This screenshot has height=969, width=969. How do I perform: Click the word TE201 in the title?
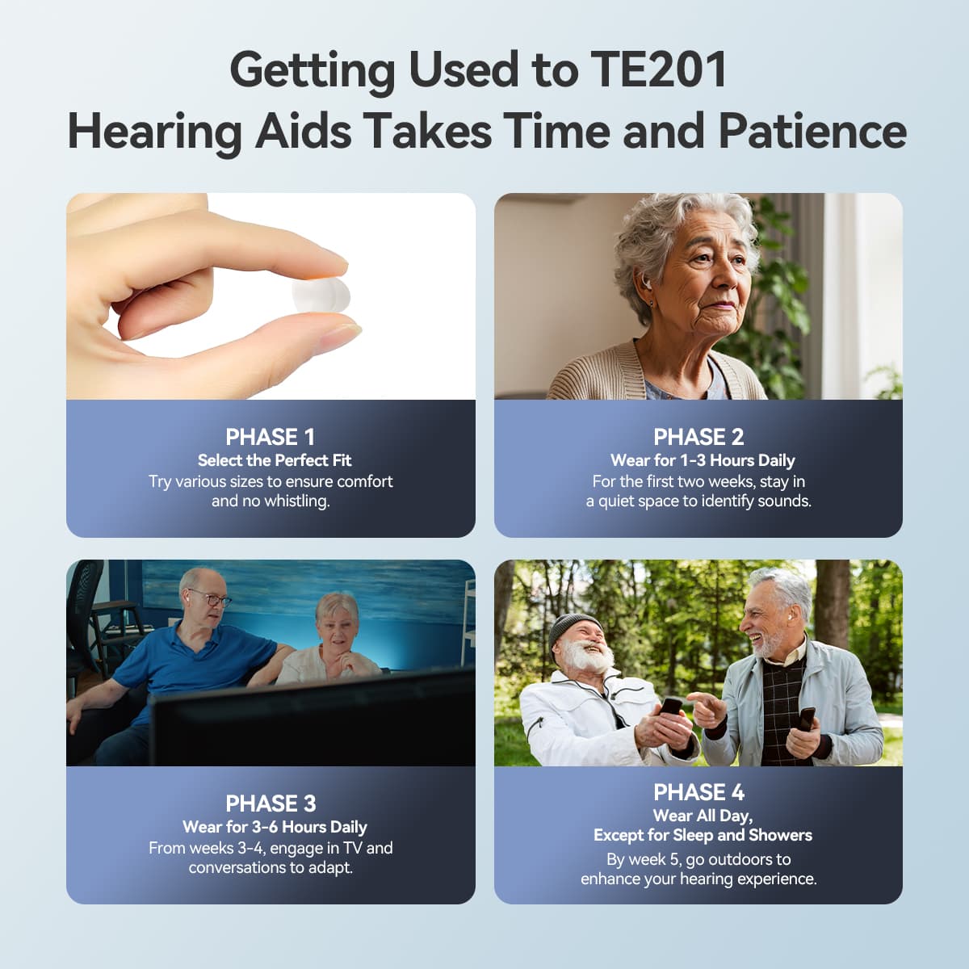coord(658,70)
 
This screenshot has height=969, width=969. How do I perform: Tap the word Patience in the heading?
coord(812,131)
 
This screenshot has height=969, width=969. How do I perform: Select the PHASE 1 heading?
coord(270,437)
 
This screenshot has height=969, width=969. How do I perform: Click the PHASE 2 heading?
coord(698,437)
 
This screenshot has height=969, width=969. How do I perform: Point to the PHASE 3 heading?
coord(270,803)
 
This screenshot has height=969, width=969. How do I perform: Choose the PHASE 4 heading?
coord(698,792)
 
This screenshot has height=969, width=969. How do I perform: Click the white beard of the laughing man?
coord(589,658)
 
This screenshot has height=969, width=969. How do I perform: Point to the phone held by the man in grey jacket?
coord(806,718)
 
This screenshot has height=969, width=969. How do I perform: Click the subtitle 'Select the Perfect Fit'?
coord(275,460)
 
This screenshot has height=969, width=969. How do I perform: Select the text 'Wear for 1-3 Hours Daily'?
coord(703,460)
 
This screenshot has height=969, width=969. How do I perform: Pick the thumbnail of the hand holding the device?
coord(271,296)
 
